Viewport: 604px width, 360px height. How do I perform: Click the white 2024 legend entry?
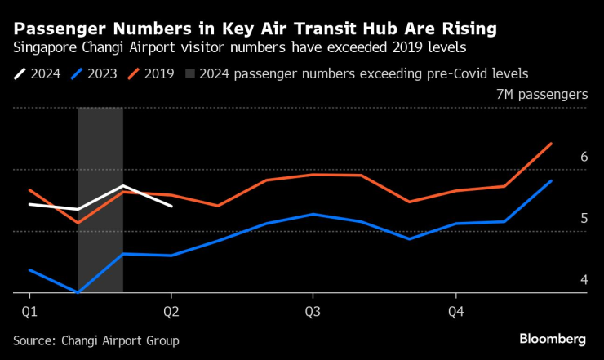[36, 73]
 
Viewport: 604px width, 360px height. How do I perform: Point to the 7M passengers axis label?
[541, 95]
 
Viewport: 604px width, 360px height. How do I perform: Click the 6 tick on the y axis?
[584, 157]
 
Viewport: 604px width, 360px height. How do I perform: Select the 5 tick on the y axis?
[584, 219]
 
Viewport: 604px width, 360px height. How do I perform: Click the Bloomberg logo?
[553, 339]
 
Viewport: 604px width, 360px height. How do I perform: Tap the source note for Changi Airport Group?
[95, 340]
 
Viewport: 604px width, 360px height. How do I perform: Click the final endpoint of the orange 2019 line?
[552, 144]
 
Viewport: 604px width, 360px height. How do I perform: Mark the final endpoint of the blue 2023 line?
[552, 181]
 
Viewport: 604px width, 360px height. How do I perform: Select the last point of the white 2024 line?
[171, 207]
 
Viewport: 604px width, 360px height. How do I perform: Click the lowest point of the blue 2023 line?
[78, 292]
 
